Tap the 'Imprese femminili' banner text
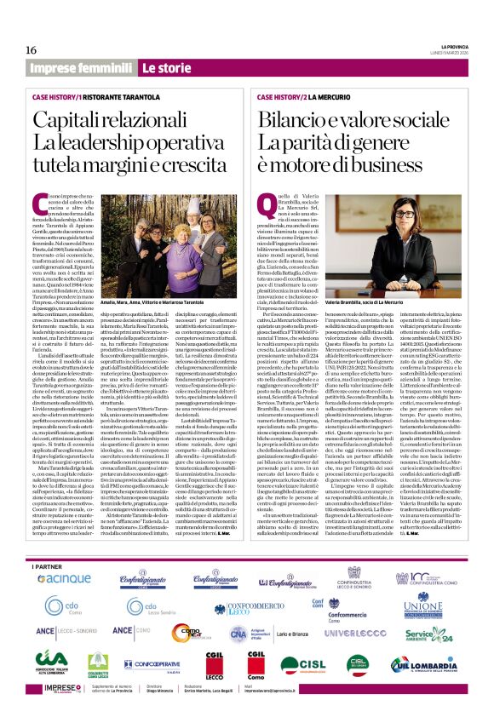[81, 67]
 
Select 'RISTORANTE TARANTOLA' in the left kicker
[140, 98]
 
